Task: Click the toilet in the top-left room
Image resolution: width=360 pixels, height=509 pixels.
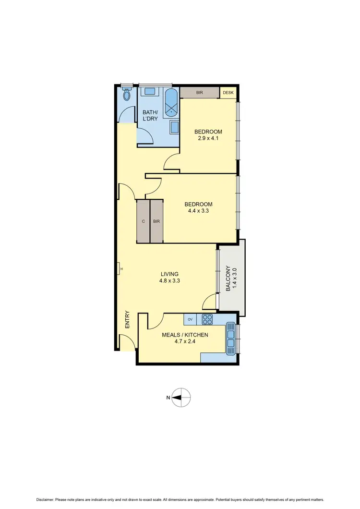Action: (127, 95)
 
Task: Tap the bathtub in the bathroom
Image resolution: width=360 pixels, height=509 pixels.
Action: (171, 103)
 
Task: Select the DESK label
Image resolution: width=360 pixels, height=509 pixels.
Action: (228, 92)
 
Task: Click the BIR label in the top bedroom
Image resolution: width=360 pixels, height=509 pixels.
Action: (199, 92)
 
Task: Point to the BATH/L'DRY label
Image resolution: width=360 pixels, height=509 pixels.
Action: (150, 116)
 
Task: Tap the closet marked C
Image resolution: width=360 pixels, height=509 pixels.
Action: (143, 221)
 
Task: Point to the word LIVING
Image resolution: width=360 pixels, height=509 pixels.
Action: (170, 274)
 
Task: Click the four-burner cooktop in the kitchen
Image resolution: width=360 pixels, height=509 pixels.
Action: (207, 318)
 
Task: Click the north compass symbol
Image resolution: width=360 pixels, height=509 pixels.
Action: (181, 397)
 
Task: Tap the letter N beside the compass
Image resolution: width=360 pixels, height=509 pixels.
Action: (168, 397)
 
